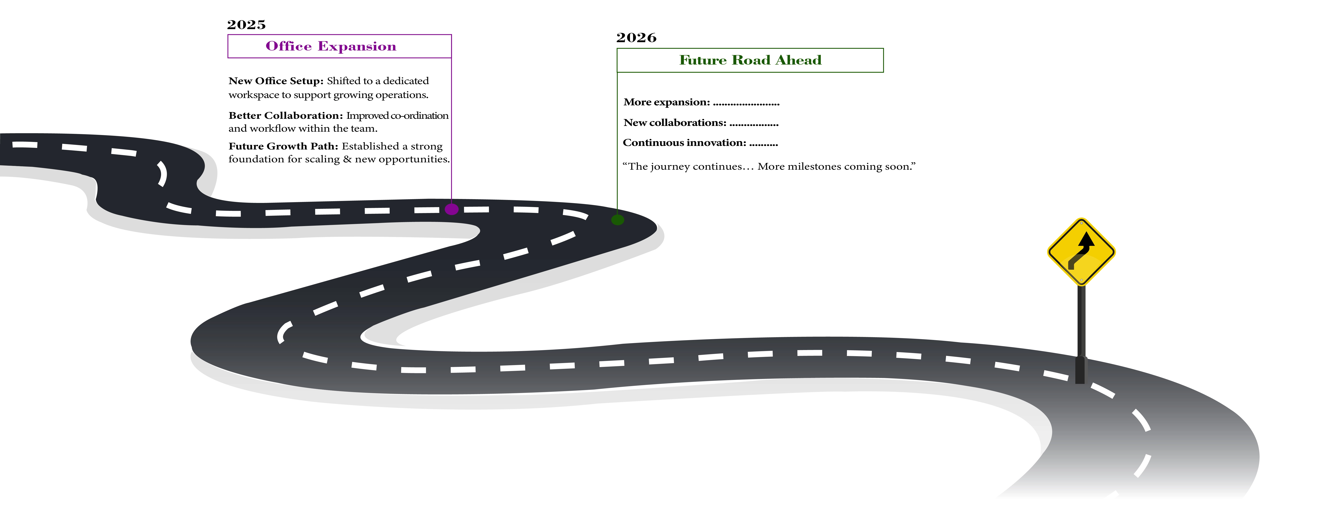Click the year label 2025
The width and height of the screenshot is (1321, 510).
(246, 25)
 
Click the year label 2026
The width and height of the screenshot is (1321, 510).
(636, 37)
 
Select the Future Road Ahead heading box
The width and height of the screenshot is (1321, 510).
(750, 60)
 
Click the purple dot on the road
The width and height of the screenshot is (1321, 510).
(451, 209)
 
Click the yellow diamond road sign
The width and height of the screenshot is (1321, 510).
(1081, 252)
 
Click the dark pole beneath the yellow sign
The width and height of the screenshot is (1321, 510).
(1080, 328)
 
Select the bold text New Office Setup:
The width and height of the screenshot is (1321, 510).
(275, 81)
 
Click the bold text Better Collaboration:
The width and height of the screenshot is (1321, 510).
(285, 115)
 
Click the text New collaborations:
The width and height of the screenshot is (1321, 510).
(674, 123)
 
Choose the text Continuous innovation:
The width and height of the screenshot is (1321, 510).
(684, 143)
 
